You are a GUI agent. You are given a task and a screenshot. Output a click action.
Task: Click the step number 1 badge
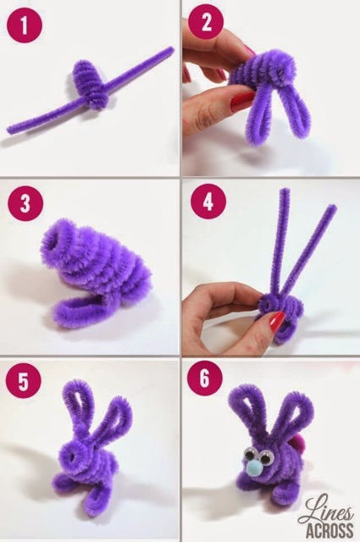24,26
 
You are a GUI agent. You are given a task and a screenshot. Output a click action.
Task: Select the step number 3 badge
25,204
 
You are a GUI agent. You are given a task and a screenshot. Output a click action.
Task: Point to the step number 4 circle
208,202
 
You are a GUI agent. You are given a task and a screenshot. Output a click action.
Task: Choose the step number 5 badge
23,383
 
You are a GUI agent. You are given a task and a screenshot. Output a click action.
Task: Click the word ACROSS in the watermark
330,528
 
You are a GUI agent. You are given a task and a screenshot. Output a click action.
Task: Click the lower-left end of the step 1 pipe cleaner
11,130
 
